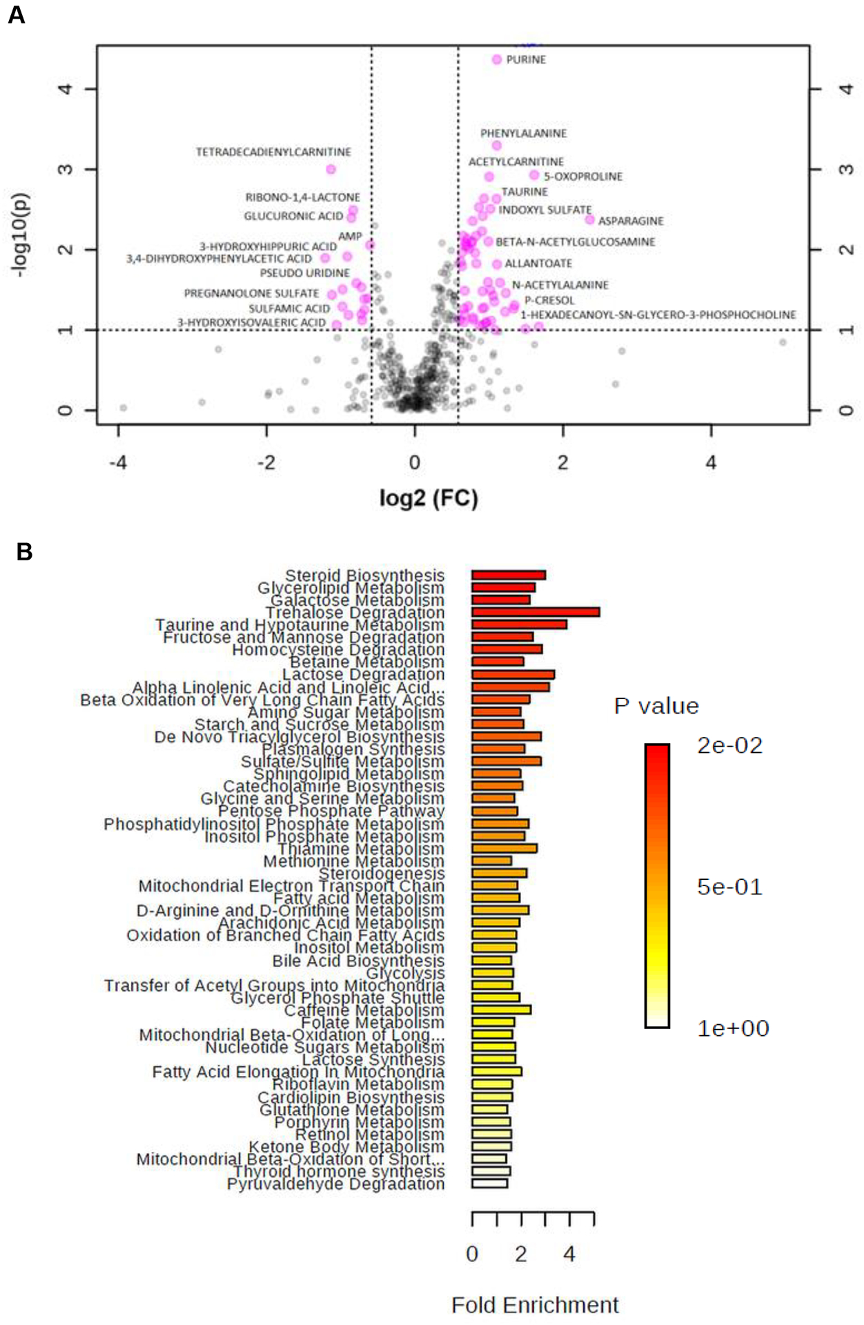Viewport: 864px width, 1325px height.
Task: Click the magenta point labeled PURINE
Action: click(497, 60)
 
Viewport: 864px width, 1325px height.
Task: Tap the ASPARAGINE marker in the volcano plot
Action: click(590, 220)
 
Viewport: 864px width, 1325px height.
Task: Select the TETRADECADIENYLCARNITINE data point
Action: click(331, 169)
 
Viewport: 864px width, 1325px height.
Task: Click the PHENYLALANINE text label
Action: click(523, 133)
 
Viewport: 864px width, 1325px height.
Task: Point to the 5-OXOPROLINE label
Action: click(582, 177)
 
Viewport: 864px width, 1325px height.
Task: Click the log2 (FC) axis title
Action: click(429, 498)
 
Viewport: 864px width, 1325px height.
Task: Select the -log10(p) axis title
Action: click(20, 234)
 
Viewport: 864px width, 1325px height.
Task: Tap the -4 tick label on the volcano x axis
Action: click(118, 462)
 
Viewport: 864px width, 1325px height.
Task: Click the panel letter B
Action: click(24, 552)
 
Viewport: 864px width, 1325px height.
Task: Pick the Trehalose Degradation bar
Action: click(536, 612)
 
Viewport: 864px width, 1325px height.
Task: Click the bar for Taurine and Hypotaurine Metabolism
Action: click(519, 625)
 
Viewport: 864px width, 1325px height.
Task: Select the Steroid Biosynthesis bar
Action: click(509, 575)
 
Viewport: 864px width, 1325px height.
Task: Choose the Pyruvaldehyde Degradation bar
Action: click(489, 1184)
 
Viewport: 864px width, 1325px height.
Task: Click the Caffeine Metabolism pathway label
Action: click(364, 1010)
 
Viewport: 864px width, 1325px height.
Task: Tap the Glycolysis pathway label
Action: click(405, 973)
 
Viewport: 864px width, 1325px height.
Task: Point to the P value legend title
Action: click(656, 706)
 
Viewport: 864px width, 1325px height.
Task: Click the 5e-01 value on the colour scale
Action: click(729, 887)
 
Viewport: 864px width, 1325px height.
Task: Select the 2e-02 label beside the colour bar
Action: click(729, 745)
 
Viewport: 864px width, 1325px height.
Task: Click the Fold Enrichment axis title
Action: click(535, 1305)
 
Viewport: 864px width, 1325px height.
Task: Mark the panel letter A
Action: click(17, 15)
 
